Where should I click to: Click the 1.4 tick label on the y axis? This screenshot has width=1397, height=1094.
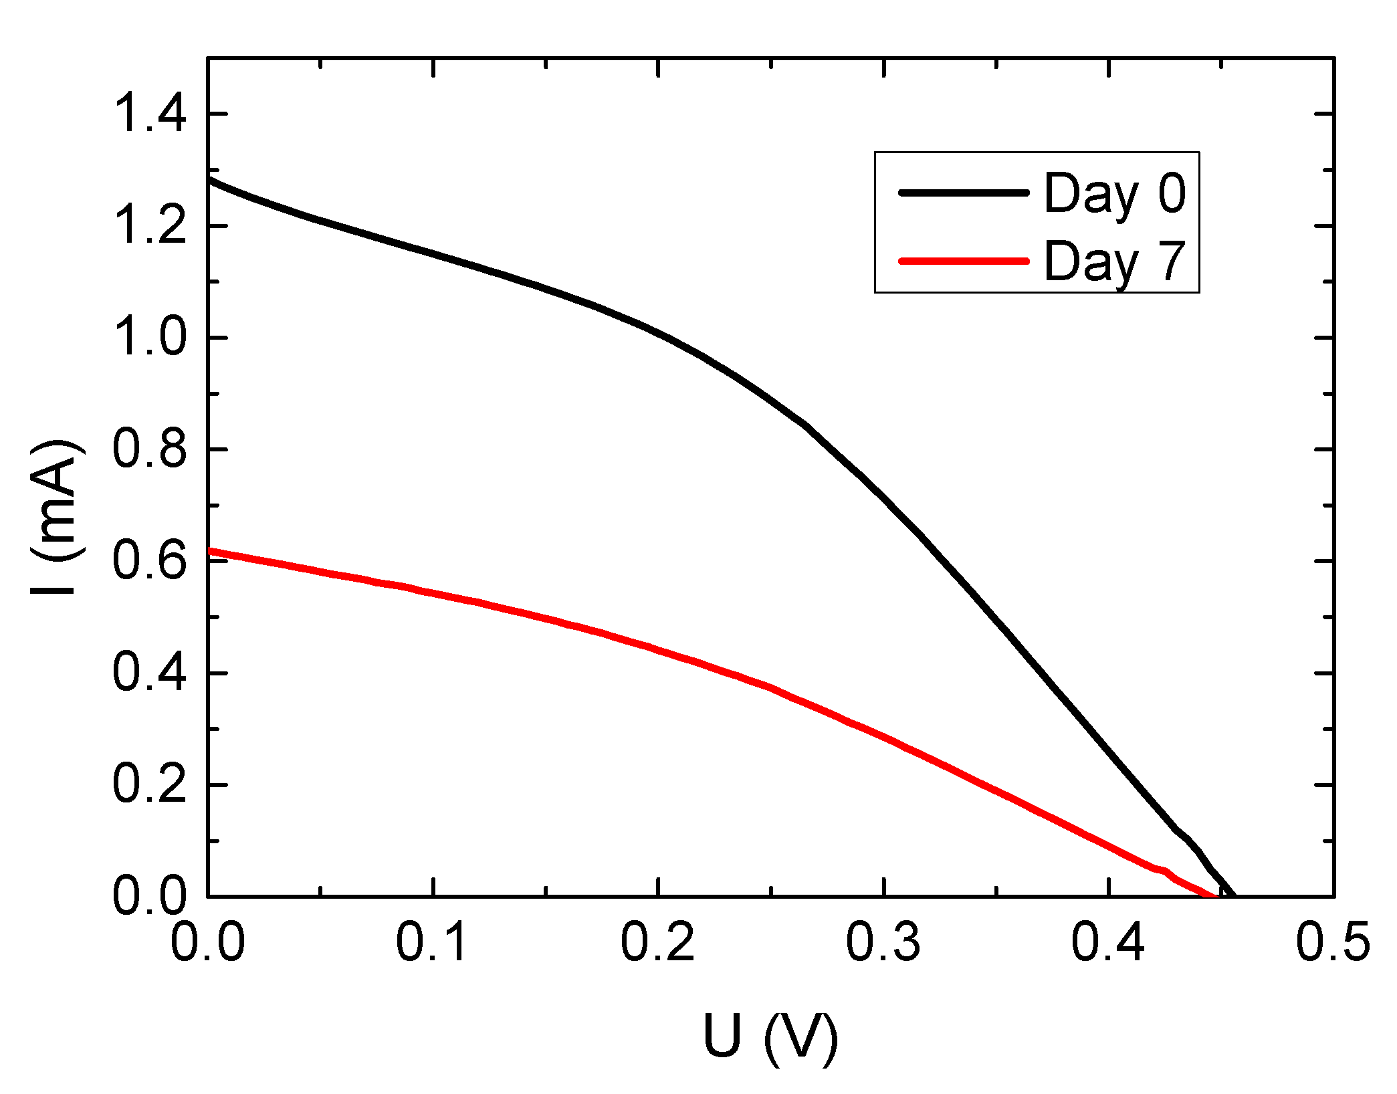click(149, 114)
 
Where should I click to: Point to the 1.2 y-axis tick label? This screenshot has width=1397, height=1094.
click(149, 226)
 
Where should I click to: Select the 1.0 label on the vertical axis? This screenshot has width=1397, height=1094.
click(149, 338)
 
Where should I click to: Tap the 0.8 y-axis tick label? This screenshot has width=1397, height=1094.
click(149, 449)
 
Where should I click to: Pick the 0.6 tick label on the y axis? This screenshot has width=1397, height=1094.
click(149, 561)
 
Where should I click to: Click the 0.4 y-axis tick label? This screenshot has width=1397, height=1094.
click(149, 673)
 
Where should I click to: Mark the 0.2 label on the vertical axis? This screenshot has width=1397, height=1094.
click(149, 784)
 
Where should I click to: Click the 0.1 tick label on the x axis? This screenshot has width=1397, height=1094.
click(433, 943)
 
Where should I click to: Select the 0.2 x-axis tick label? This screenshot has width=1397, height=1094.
click(659, 943)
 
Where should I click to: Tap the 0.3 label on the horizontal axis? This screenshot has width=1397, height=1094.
click(883, 943)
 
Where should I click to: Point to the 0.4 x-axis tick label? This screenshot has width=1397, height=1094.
click(1109, 943)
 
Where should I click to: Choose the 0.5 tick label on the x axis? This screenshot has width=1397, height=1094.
click(1333, 943)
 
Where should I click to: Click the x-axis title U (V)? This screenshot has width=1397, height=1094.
click(770, 1038)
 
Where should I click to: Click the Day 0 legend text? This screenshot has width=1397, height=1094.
click(1115, 194)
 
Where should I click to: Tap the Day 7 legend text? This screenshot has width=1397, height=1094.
click(1115, 261)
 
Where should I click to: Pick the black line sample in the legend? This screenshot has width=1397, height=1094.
click(963, 193)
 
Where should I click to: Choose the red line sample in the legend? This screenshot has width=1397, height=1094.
click(963, 261)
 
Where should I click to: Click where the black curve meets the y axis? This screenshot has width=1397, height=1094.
click(209, 179)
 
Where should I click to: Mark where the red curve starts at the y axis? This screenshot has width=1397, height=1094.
click(209, 550)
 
